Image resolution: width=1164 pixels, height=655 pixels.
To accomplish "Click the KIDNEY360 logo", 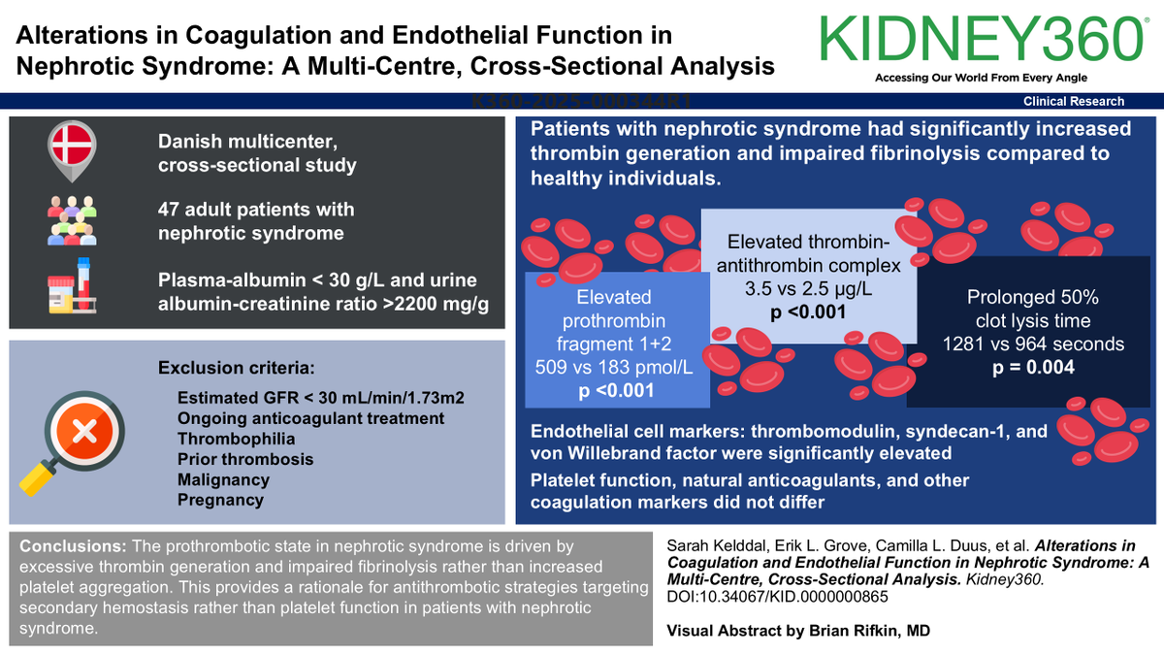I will (980, 39).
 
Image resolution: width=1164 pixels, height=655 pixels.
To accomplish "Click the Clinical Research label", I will (1074, 101).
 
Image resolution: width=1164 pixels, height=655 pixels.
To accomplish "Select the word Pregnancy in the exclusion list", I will (220, 500).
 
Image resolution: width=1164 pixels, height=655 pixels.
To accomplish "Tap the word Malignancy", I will (224, 479).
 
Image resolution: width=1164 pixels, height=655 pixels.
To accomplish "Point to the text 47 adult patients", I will (256, 210).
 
